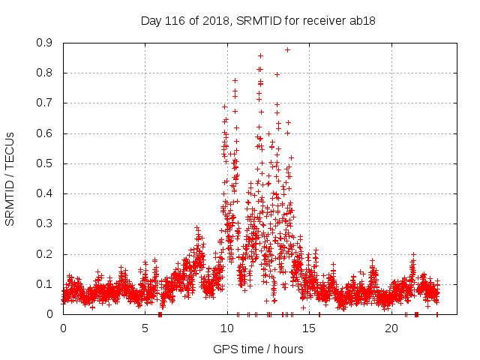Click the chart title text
(x=258, y=21)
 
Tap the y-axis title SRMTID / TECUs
(x=10, y=179)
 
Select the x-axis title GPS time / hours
(x=258, y=349)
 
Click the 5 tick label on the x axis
(x=145, y=328)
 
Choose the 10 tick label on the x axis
(x=227, y=328)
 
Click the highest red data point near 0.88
(x=287, y=49)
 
